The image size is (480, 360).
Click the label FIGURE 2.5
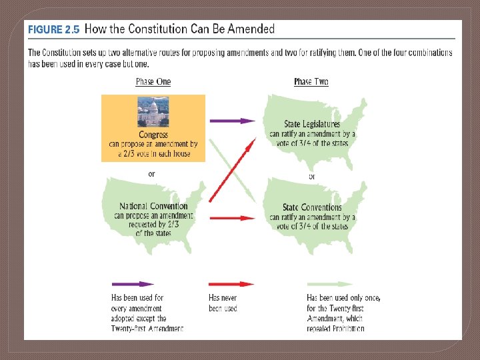(53, 29)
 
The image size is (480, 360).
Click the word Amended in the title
(249, 29)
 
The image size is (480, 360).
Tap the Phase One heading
(153, 81)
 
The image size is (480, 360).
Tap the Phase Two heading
(311, 81)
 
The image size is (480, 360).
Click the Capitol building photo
(153, 112)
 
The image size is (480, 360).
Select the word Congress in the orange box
(153, 135)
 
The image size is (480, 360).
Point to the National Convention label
(153, 207)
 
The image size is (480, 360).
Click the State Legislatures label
(312, 124)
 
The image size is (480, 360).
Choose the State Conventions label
(312, 207)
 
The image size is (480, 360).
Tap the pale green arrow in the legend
(330, 283)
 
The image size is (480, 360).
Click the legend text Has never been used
(223, 303)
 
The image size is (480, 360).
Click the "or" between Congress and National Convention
(152, 174)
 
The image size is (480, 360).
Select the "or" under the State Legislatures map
(312, 177)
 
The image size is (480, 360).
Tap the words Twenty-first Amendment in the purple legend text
(147, 328)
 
